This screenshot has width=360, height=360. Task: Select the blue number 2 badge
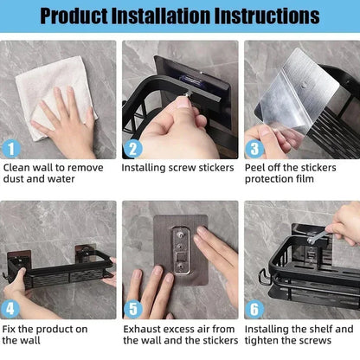click(x=132, y=148)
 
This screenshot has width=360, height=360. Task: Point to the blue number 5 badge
click(x=132, y=308)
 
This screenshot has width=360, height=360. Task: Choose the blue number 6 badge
click(x=253, y=308)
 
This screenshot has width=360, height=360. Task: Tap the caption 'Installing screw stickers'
click(x=177, y=168)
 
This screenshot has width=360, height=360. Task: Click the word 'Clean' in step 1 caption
click(x=18, y=168)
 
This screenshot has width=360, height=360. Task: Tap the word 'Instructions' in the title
click(x=267, y=16)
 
